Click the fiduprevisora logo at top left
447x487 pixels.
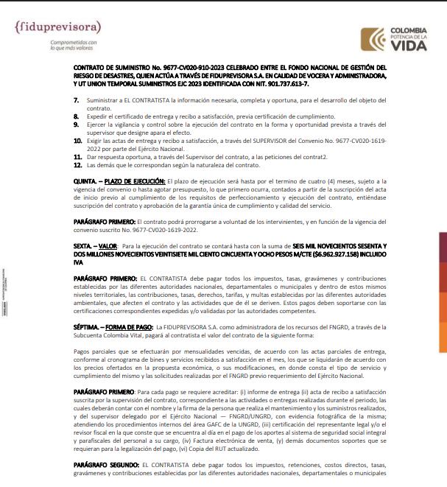pos(57,27)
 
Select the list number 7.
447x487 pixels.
pos(77,99)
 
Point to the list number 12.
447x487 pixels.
pos(78,164)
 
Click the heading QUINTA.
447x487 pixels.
pos(86,181)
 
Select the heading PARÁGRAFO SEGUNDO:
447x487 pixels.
pos(107,466)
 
